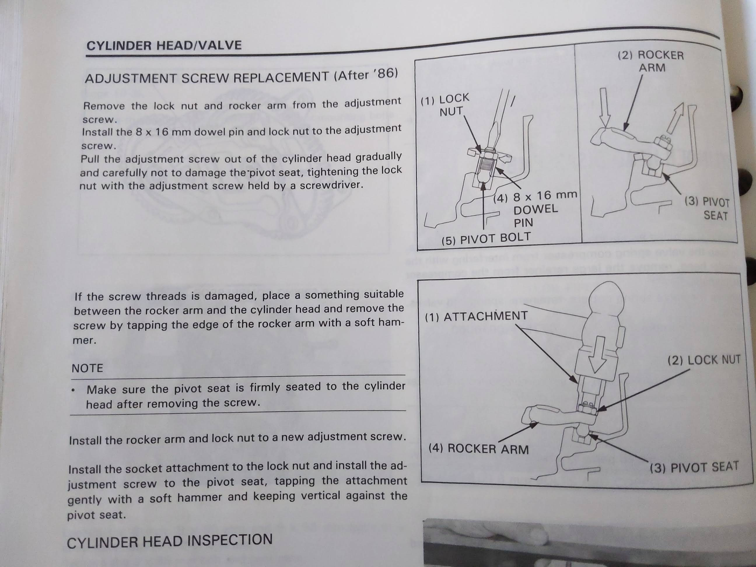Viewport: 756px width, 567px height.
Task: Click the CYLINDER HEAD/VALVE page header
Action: tap(164, 45)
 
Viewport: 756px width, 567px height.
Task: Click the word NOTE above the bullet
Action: tap(87, 368)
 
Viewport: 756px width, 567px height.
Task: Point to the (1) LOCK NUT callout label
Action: tap(445, 105)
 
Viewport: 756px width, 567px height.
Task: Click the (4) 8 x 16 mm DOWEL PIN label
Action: tap(535, 209)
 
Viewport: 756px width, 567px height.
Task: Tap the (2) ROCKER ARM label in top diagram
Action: tap(651, 61)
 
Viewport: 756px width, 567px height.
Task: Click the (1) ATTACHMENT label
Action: tap(476, 316)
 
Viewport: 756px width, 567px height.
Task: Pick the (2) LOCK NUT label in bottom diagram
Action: tap(704, 360)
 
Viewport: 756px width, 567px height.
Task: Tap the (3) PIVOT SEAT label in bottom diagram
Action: tap(694, 467)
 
